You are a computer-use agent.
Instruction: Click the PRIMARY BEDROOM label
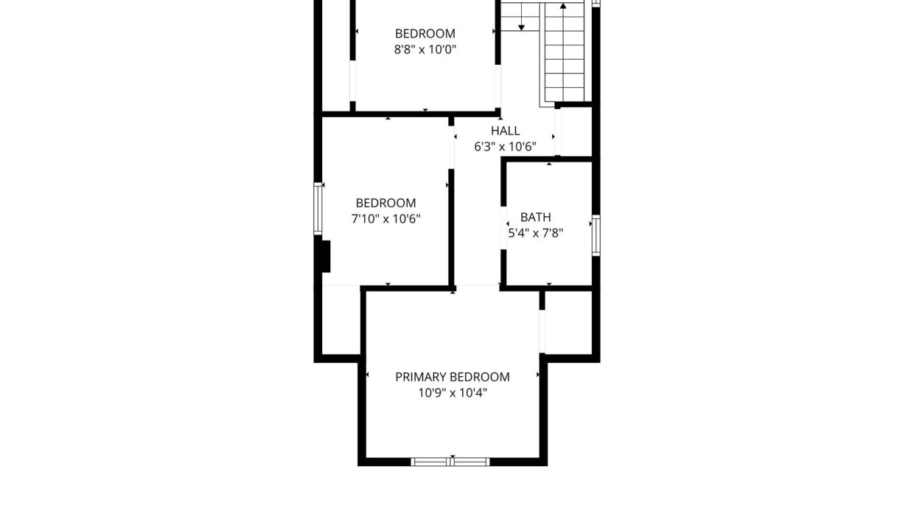tap(453, 377)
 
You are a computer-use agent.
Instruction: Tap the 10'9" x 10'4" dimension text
tap(453, 392)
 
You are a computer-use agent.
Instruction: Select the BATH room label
tap(536, 217)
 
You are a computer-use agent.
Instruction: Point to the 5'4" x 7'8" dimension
tap(536, 232)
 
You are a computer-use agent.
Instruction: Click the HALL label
tap(505, 131)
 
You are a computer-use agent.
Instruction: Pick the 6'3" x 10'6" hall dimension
tap(505, 147)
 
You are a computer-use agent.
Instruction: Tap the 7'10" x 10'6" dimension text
tap(386, 219)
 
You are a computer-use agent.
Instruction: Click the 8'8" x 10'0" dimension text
tap(425, 49)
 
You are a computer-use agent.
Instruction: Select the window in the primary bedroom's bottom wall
tap(450, 462)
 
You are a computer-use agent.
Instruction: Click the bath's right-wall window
tap(596, 235)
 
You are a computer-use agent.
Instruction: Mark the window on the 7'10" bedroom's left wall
tap(318, 209)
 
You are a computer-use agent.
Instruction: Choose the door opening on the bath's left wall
tap(503, 228)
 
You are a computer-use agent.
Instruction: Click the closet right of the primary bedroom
tap(568, 322)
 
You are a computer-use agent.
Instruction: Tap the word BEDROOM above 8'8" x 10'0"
tap(425, 33)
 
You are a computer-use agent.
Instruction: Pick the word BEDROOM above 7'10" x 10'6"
tap(386, 203)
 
